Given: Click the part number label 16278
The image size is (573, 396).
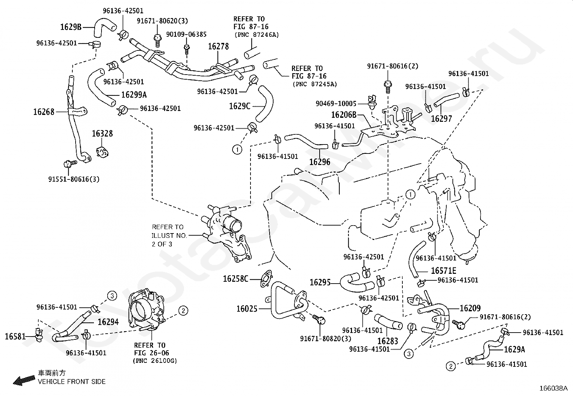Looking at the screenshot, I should pyautogui.click(x=218, y=46).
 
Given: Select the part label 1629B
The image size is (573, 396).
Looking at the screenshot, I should pyautogui.click(x=71, y=27).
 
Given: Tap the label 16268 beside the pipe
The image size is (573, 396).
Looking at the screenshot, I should pyautogui.click(x=44, y=112).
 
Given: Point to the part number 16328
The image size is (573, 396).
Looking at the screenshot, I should pyautogui.click(x=102, y=134).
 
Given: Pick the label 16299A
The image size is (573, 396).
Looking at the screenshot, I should pyautogui.click(x=134, y=95).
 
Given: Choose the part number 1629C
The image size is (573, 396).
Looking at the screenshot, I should pyautogui.click(x=239, y=106).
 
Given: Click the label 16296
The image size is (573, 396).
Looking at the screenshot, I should pyautogui.click(x=320, y=162).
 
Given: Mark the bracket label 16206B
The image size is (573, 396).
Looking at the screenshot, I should pyautogui.click(x=344, y=115).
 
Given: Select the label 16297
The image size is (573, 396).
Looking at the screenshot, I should pyautogui.click(x=441, y=119).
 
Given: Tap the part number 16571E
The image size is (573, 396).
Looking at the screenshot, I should pyautogui.click(x=443, y=271).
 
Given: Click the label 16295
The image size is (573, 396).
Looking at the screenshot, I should pyautogui.click(x=320, y=282).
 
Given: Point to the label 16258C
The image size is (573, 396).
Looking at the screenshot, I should pyautogui.click(x=236, y=279).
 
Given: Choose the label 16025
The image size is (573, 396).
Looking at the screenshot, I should pyautogui.click(x=247, y=309).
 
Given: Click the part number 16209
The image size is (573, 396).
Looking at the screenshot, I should pyautogui.click(x=470, y=308).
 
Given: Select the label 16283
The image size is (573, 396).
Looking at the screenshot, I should pyautogui.click(x=388, y=341).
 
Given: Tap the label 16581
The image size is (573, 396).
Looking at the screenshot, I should pyautogui.click(x=15, y=337).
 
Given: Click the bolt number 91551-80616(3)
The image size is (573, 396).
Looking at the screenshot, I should pyautogui.click(x=74, y=179).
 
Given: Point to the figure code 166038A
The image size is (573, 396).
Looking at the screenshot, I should pyautogui.click(x=553, y=388).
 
